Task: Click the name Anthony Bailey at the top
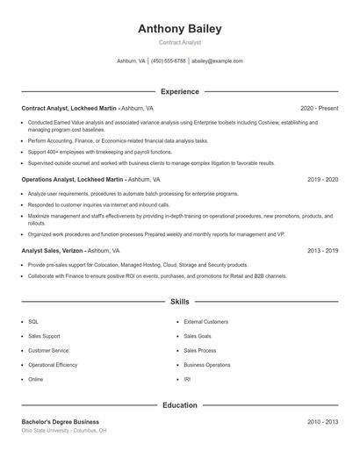coord(179,28)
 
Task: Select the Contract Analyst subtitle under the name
coord(179,42)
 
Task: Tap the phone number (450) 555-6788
coord(168,61)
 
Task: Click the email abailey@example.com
coord(217,61)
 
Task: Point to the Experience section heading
coord(179,91)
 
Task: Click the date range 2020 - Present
coord(319,108)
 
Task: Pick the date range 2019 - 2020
coord(322,179)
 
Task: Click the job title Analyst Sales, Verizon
coord(55,250)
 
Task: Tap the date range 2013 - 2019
coord(322,250)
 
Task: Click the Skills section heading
coord(179,301)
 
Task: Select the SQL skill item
coord(33,321)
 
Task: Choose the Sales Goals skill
coord(198,336)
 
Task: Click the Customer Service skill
coord(48,350)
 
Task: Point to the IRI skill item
coord(187,379)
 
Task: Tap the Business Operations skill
coord(207,365)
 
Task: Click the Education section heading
coord(179,405)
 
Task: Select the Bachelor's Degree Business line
coord(61,422)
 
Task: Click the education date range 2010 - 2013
coord(322,422)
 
